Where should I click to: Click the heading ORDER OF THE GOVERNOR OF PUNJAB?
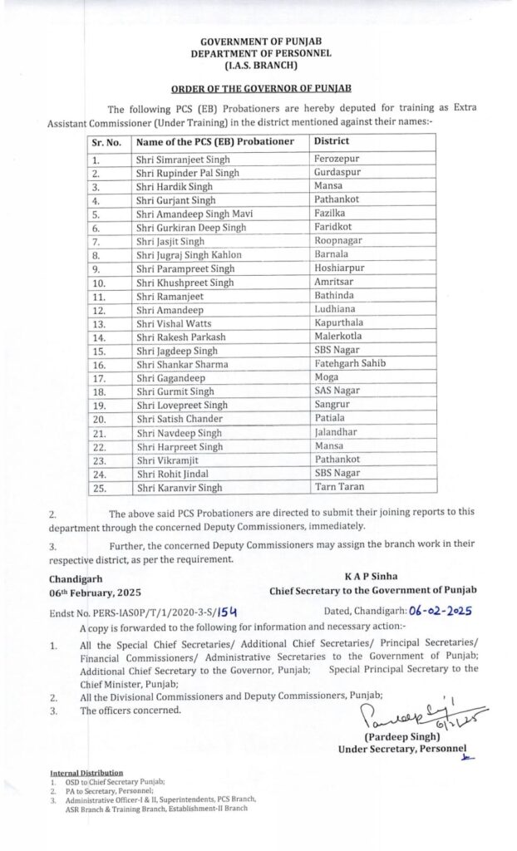point(263,87)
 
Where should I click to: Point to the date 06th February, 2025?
point(96,591)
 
